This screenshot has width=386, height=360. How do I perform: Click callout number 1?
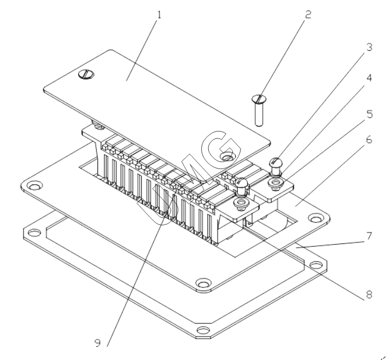pos(159,14)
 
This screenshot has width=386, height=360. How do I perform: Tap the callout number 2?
pos(308,15)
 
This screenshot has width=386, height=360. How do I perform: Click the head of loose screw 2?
pos(259,99)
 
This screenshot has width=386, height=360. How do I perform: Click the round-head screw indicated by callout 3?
pos(277,162)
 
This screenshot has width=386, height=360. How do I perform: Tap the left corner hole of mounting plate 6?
pos(34,187)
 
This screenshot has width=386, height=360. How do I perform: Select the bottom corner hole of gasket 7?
pos(203,329)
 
